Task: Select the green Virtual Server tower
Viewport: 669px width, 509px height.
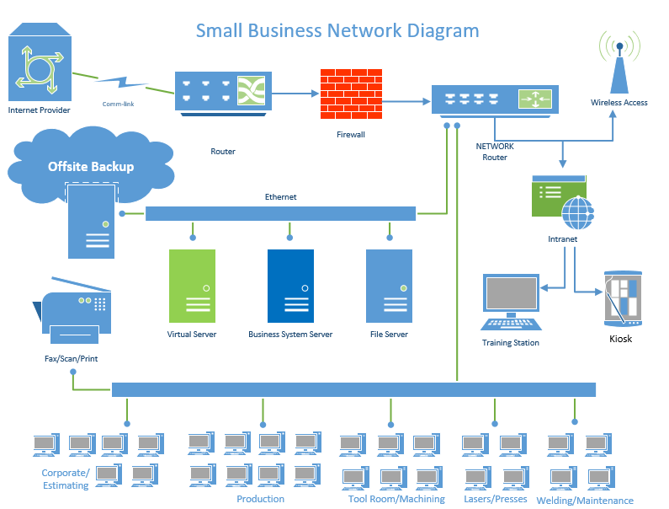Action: point(192,286)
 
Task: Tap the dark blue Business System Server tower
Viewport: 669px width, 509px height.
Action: point(290,286)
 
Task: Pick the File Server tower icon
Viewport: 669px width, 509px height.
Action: point(389,286)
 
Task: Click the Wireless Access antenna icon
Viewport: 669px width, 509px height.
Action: point(619,65)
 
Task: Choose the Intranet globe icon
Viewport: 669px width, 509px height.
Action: point(578,212)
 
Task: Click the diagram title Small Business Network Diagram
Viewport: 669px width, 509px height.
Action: point(337,31)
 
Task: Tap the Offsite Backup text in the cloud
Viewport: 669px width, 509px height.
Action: point(91,166)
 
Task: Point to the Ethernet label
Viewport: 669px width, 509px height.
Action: point(280,197)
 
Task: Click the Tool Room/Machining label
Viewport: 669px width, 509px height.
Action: point(396,499)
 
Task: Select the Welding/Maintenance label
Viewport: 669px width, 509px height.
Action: point(591,501)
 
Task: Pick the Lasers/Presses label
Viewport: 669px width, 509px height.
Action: point(496,499)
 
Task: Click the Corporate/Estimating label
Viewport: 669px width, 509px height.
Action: point(66,479)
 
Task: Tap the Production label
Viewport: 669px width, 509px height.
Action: point(260,499)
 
